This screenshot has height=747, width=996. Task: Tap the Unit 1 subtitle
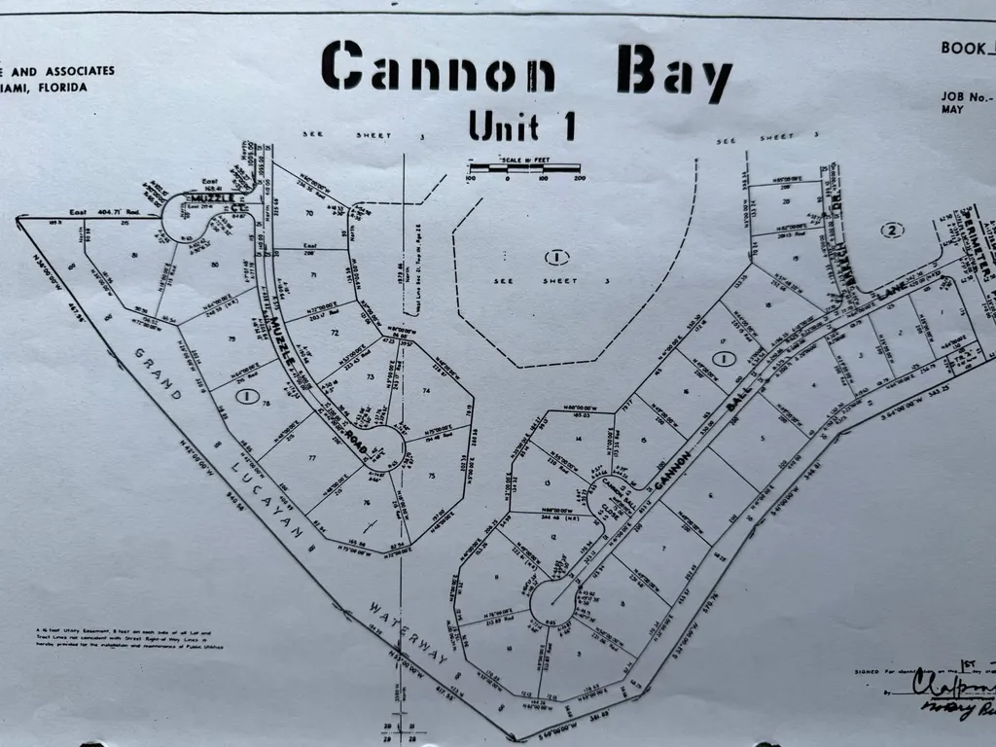pos(521,125)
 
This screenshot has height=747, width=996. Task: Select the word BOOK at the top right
pos(967,47)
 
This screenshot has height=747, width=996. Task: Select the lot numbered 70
pos(309,211)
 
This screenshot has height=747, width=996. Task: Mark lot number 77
pos(312,458)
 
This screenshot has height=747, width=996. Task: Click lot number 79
pos(231,338)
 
